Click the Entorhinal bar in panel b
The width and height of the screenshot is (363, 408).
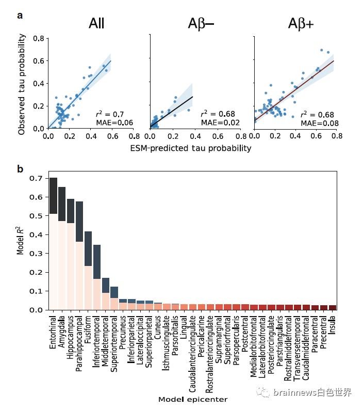[x=53, y=244]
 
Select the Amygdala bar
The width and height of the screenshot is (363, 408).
[x=62, y=248]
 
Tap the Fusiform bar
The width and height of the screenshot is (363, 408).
[x=88, y=271]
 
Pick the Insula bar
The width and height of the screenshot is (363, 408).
[x=333, y=308]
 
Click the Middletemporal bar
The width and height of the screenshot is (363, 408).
[x=106, y=294]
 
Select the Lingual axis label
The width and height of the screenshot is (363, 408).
[x=184, y=327]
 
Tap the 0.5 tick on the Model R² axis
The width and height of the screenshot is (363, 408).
[x=36, y=216]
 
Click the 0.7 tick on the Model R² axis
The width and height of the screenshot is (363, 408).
[x=36, y=179]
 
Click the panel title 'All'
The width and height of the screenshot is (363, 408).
[x=96, y=23]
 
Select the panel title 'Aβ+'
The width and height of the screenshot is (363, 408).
[x=301, y=24]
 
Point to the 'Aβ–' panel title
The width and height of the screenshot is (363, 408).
[x=201, y=24]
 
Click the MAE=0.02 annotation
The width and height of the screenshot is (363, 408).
[x=220, y=122]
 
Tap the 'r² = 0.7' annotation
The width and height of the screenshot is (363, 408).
[x=110, y=114]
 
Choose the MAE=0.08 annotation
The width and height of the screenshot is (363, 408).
[x=320, y=123]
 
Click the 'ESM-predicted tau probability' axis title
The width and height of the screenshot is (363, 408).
[x=191, y=148]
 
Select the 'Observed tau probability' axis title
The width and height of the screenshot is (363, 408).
[x=22, y=84]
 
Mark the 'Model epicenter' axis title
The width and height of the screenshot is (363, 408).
[x=193, y=399]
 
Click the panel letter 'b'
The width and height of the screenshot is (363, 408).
[x=20, y=169]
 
